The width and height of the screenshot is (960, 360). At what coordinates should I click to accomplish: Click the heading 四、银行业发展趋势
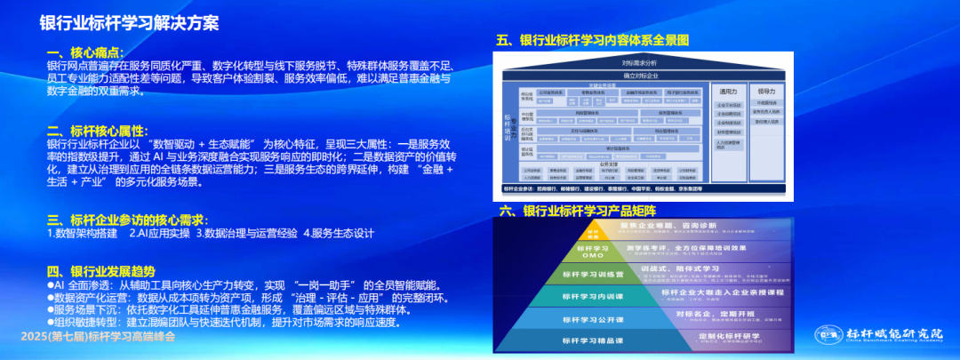(100, 271)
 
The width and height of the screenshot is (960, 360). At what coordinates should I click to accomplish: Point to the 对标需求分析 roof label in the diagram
(639, 63)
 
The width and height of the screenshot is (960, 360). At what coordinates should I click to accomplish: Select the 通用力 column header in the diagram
(729, 92)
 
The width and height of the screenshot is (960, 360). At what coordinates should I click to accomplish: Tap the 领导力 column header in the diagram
(768, 92)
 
